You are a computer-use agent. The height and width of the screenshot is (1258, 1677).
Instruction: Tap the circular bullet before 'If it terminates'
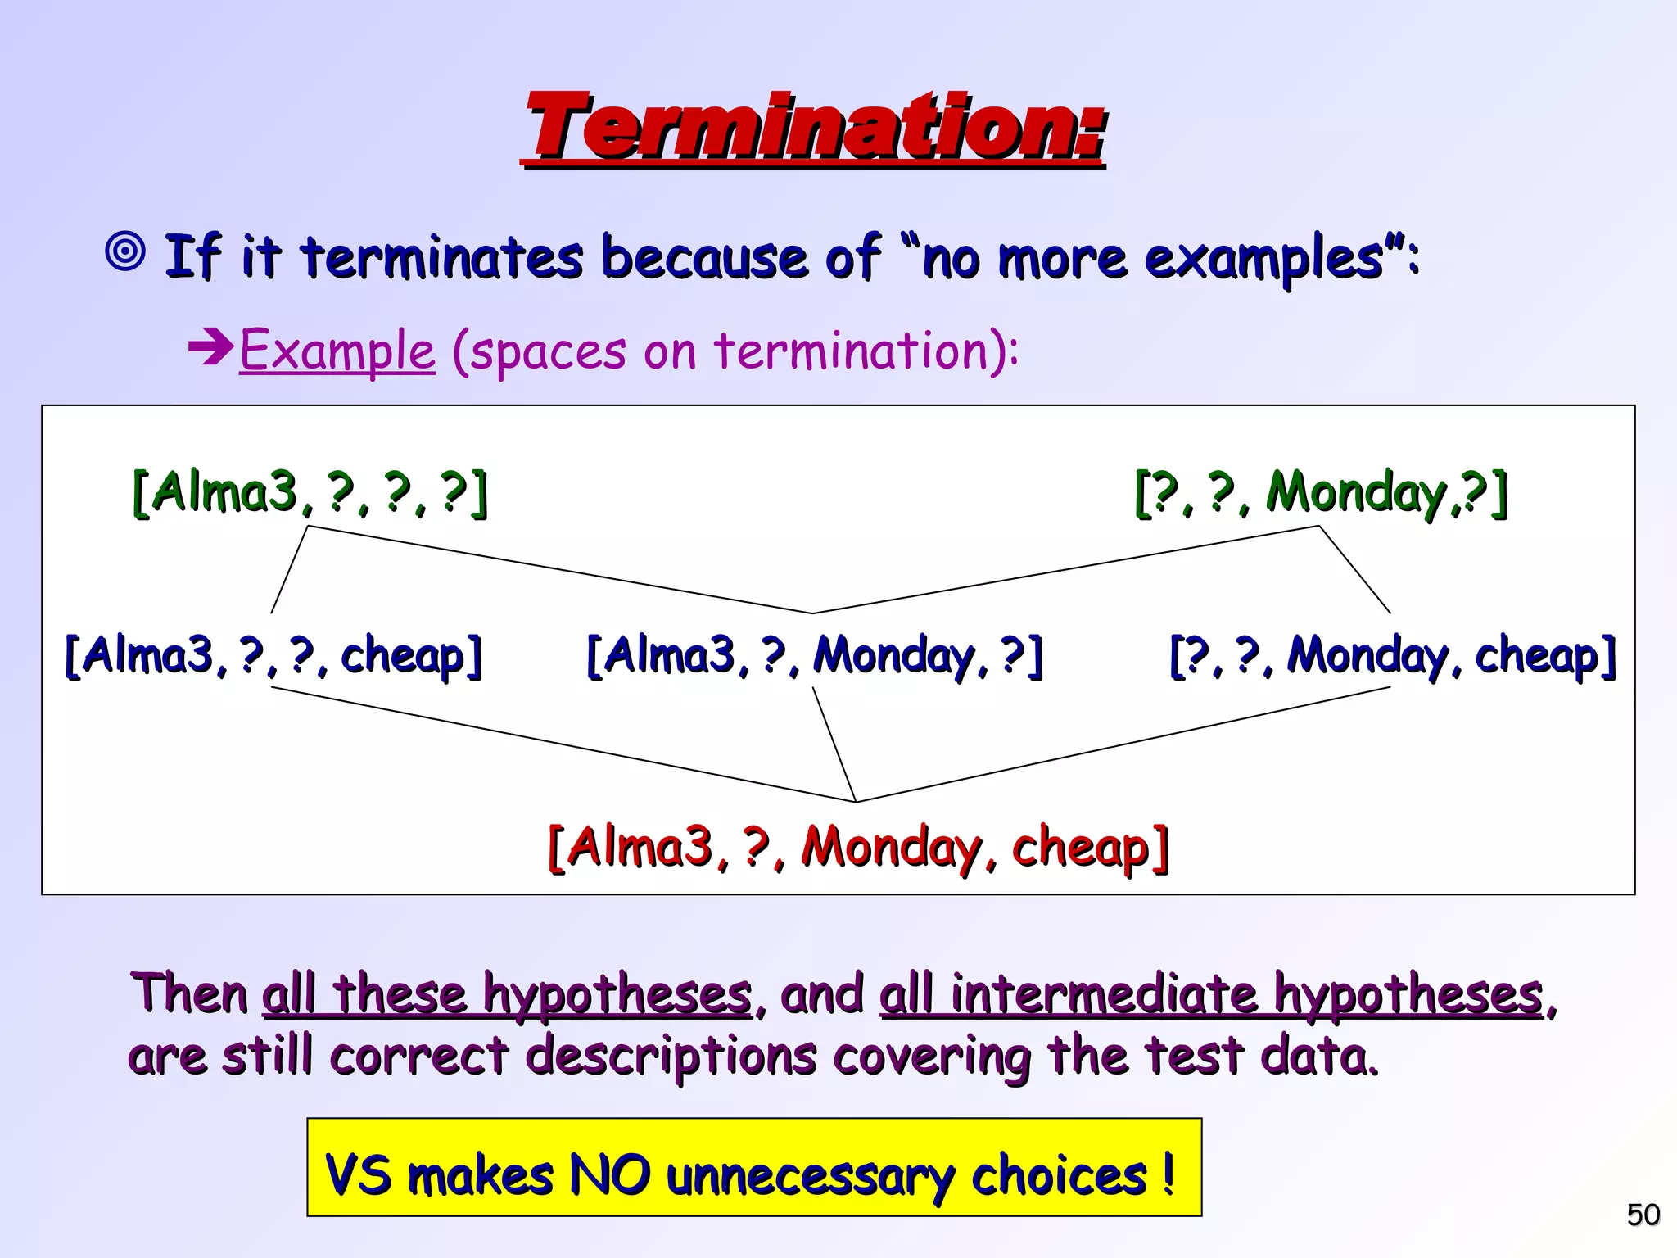[x=126, y=252]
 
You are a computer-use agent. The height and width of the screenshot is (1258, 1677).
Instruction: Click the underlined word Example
[x=337, y=351]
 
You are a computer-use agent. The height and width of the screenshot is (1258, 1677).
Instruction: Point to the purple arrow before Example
[x=211, y=348]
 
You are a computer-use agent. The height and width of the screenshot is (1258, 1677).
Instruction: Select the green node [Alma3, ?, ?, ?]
[x=310, y=493]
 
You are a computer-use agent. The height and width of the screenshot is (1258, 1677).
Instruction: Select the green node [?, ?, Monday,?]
[x=1320, y=493]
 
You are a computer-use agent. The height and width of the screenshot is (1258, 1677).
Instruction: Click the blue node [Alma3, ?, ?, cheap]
[x=273, y=656]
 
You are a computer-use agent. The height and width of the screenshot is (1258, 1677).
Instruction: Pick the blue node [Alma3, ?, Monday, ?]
[x=815, y=656]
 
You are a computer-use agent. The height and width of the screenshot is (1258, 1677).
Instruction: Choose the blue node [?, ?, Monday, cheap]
[x=1392, y=656]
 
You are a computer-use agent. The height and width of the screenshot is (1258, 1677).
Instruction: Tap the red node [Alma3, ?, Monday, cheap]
[x=857, y=847]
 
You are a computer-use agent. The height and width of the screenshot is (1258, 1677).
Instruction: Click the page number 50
[x=1643, y=1215]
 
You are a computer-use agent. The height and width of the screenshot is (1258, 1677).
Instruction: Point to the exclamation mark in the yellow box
[x=1168, y=1173]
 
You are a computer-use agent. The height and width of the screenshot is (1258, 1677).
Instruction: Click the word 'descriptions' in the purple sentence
[x=671, y=1057]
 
